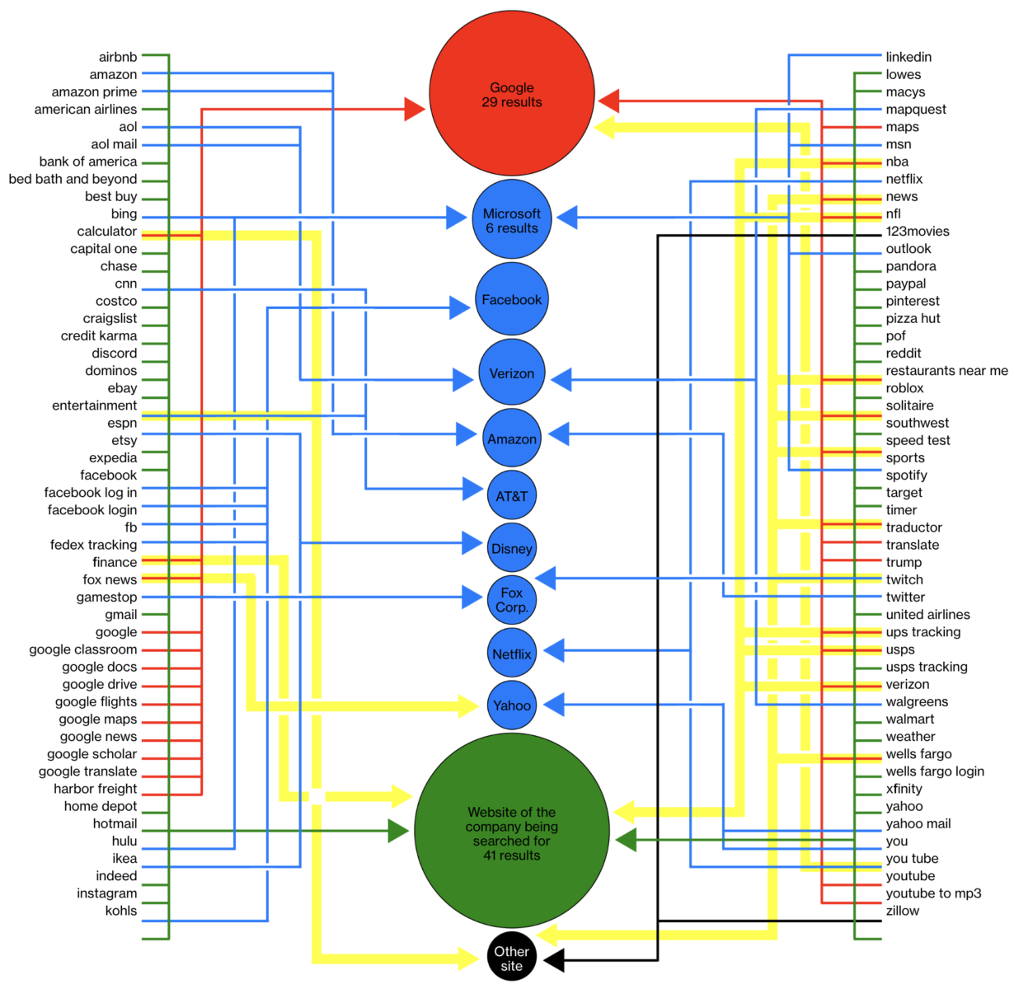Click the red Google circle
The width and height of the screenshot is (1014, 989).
click(511, 94)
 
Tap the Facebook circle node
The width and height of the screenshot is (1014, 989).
click(511, 299)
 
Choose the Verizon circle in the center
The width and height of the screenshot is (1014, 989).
click(511, 373)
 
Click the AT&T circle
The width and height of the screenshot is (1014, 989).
click(511, 496)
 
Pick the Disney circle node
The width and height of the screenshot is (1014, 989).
click(511, 548)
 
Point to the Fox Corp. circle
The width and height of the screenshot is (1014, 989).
click(511, 599)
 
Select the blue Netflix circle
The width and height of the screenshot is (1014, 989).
click(511, 654)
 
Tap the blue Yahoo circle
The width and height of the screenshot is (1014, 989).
click(511, 705)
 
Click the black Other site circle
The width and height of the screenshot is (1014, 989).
click(511, 958)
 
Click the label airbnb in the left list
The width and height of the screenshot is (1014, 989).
click(118, 57)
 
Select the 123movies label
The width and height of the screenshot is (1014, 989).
click(918, 232)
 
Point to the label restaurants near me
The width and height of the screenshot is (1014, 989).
click(946, 371)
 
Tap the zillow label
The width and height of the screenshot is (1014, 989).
click(902, 911)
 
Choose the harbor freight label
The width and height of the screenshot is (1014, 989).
click(96, 789)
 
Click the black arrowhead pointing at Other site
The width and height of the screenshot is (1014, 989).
click(554, 960)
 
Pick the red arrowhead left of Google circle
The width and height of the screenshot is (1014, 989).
click(415, 109)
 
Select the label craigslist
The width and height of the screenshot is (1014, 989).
click(110, 319)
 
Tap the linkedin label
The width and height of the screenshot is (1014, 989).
click(908, 57)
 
